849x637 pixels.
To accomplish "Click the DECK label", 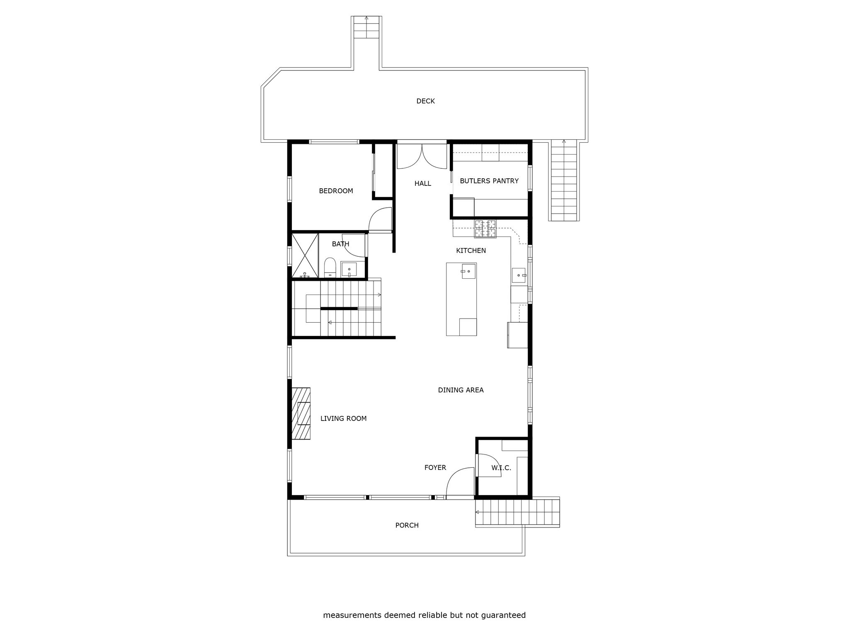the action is coord(425,101).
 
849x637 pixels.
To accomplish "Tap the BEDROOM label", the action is coord(336,191).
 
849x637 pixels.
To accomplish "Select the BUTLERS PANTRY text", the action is coord(489,181).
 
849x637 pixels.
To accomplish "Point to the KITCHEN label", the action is coord(471,250).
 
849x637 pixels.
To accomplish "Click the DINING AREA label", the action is coord(461,390).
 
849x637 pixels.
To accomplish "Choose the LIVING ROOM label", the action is coord(343,418).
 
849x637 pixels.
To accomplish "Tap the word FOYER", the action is coord(435,467).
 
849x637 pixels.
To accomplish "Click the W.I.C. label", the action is coord(501,468).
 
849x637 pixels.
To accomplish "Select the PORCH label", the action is coord(407,525).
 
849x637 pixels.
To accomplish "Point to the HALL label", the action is coord(423,183).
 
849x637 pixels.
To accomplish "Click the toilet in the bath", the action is coord(330,267).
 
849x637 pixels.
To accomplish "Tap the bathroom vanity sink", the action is coord(349,270).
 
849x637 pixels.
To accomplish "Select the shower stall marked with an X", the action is coord(305,255).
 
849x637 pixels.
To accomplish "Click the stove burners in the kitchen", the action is coord(485,229).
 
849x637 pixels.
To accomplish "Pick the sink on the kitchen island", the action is coord(468,271).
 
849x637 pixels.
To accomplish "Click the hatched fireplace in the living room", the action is coord(301,413).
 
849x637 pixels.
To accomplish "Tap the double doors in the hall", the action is coord(422,156).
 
